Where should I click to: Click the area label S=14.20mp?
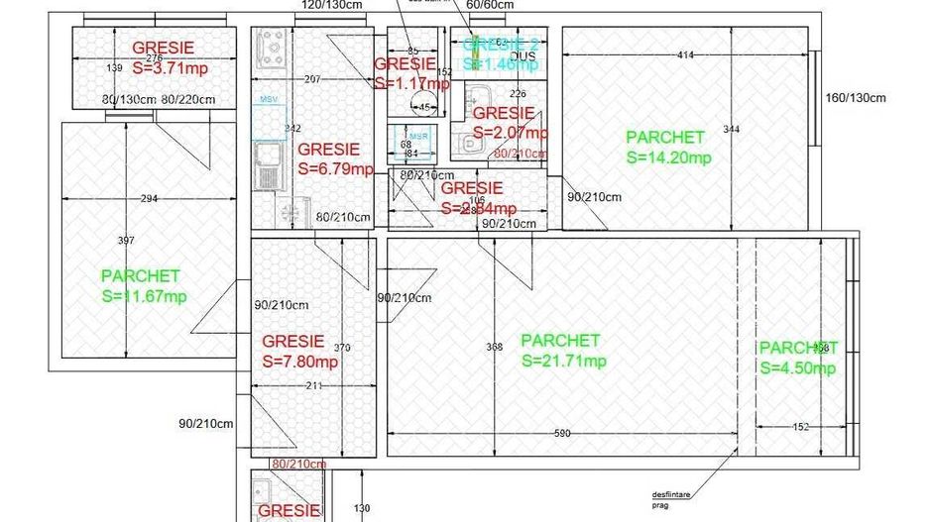click(x=668, y=157)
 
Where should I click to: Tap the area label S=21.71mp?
click(x=563, y=361)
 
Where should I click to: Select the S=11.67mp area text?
click(x=144, y=296)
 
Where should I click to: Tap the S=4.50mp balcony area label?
click(x=798, y=368)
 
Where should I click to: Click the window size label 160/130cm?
click(x=855, y=97)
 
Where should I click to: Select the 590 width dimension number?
click(x=561, y=433)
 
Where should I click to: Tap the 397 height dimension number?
click(x=126, y=241)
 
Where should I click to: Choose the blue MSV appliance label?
click(x=269, y=101)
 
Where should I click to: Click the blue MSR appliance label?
click(x=418, y=136)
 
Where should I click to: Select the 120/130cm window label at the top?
click(x=331, y=5)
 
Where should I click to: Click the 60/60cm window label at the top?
click(x=490, y=5)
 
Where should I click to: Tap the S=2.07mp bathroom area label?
click(x=510, y=133)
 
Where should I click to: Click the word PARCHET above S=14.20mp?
click(x=665, y=138)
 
